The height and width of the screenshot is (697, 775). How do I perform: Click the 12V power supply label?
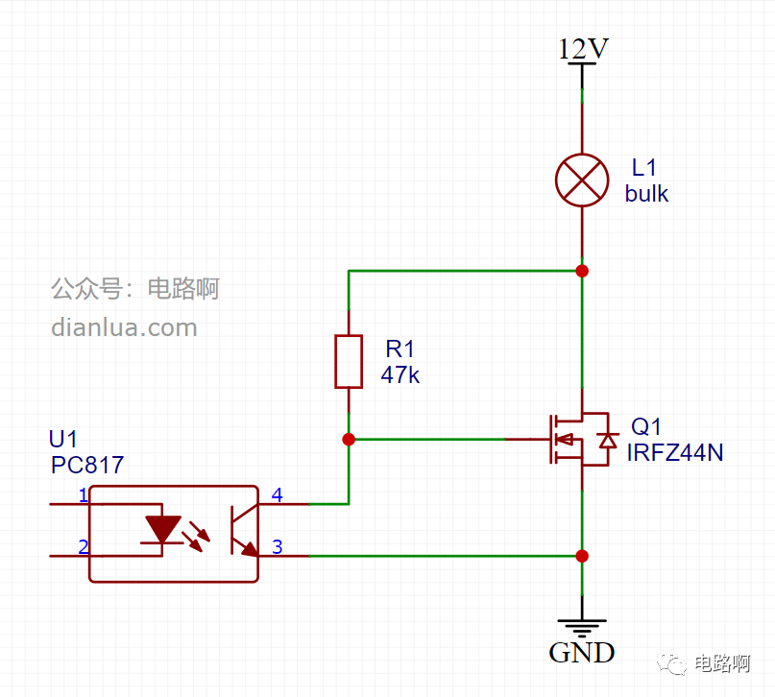(x=583, y=48)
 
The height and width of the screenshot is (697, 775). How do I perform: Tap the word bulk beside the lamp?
(x=646, y=193)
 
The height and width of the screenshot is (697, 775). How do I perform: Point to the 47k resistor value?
(x=400, y=375)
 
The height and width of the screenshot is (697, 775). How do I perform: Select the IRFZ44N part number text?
(x=675, y=452)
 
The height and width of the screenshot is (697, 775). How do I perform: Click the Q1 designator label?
(x=645, y=426)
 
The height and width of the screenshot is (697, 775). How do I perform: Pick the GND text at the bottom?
(x=582, y=653)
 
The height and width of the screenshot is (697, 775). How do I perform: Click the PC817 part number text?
(x=87, y=465)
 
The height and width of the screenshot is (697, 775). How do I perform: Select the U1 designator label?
(x=62, y=439)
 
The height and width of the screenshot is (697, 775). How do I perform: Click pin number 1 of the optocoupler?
(x=84, y=495)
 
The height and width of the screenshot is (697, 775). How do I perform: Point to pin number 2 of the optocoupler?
(x=84, y=547)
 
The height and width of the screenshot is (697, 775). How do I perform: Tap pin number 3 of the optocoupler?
(x=278, y=547)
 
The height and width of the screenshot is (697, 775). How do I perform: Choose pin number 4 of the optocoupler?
(x=278, y=495)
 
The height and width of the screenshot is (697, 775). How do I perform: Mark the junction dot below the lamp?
(x=582, y=271)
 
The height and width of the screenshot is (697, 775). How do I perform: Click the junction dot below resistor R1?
(x=349, y=439)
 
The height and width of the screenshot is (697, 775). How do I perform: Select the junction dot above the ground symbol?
(x=582, y=556)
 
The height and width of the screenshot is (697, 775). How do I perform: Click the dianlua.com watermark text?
(x=124, y=327)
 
